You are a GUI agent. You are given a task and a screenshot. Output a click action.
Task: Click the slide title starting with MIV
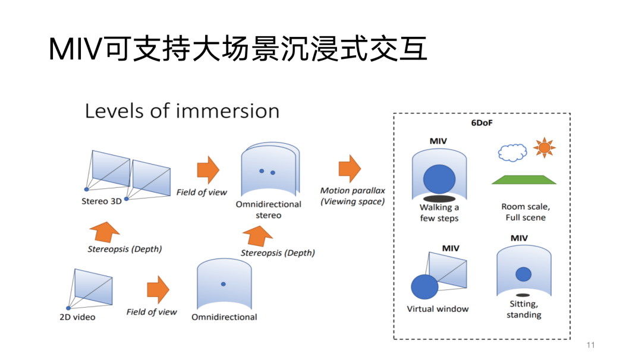pyautogui.click(x=238, y=49)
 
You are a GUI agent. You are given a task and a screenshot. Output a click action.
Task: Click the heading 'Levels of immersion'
pyautogui.click(x=182, y=111)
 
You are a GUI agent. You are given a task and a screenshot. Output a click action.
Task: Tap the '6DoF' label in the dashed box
pyautogui.click(x=481, y=122)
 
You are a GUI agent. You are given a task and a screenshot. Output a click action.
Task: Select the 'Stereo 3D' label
pyautogui.click(x=101, y=201)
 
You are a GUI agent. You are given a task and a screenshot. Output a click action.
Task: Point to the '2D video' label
pyautogui.click(x=77, y=317)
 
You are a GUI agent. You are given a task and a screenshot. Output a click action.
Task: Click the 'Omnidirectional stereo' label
pyautogui.click(x=268, y=210)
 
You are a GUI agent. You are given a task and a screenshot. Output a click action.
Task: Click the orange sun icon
pyautogui.click(x=543, y=148)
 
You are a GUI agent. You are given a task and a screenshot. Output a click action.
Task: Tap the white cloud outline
pyautogui.click(x=512, y=153)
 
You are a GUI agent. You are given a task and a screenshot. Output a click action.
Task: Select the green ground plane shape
pyautogui.click(x=524, y=179)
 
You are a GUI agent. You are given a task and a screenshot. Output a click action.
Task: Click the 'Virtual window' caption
pyautogui.click(x=438, y=309)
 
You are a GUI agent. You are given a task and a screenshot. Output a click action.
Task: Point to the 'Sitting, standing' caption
pyautogui.click(x=524, y=310)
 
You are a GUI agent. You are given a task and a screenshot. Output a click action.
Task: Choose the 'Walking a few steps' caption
pyautogui.click(x=439, y=213)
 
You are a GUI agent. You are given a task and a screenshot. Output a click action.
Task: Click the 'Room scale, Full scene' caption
pyautogui.click(x=525, y=212)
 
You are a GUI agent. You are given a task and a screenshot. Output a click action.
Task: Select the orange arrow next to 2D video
pyautogui.click(x=158, y=289)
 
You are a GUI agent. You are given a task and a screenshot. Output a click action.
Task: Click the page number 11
pyautogui.click(x=590, y=345)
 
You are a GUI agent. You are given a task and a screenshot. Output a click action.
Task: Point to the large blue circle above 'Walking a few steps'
pyautogui.click(x=439, y=179)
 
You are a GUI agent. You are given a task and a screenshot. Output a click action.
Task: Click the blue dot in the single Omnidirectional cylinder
pyautogui.click(x=224, y=284)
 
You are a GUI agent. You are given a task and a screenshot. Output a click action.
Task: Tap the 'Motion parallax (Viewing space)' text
pyautogui.click(x=353, y=196)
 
